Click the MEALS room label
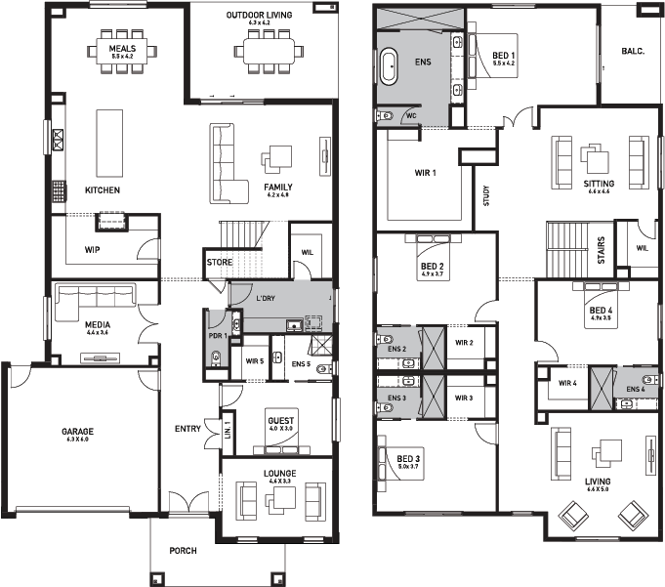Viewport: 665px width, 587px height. [x=122, y=46]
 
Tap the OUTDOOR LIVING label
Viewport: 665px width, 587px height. [x=260, y=16]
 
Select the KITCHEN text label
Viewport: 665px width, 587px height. [x=103, y=189]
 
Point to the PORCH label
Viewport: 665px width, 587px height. [x=183, y=551]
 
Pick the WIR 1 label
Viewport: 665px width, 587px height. [x=425, y=173]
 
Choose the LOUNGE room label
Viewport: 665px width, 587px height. [x=280, y=474]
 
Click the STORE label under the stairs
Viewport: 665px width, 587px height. [x=219, y=262]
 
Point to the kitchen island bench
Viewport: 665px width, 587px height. [x=108, y=143]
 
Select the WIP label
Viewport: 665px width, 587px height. [x=93, y=249]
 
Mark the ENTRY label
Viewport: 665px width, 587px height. [x=188, y=429]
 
